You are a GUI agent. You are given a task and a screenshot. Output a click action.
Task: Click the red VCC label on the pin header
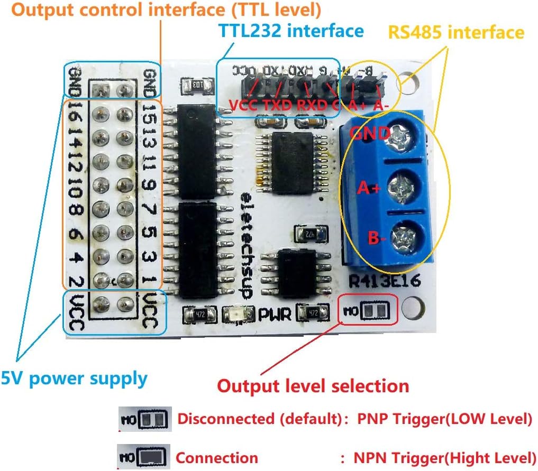[243, 105]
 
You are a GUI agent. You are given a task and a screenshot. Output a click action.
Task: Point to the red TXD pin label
[278, 105]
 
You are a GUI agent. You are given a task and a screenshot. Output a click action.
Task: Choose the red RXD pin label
[312, 105]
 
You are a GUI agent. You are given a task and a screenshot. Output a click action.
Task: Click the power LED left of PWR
[235, 315]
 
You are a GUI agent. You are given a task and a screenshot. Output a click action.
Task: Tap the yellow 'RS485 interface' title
[456, 32]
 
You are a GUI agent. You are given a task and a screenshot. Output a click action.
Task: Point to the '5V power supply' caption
[74, 378]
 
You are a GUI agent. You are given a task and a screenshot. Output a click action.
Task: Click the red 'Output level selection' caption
[313, 386]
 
